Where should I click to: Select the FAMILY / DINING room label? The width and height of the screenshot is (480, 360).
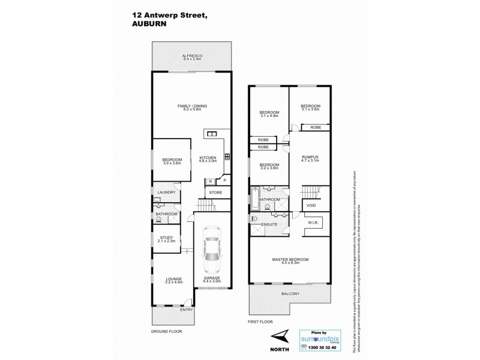[191, 107]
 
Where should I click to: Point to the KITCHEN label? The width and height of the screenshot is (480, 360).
[208, 158]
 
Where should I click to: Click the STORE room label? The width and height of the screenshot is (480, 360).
[215, 193]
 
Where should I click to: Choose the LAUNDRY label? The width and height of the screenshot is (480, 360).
[166, 192]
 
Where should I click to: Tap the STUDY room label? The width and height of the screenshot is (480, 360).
[166, 238]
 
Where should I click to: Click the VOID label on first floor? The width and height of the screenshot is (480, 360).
[311, 205]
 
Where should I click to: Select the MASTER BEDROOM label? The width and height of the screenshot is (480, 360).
[290, 260]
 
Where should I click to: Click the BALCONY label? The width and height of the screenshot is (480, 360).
[290, 293]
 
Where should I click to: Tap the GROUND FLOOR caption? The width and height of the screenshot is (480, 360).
[166, 331]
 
